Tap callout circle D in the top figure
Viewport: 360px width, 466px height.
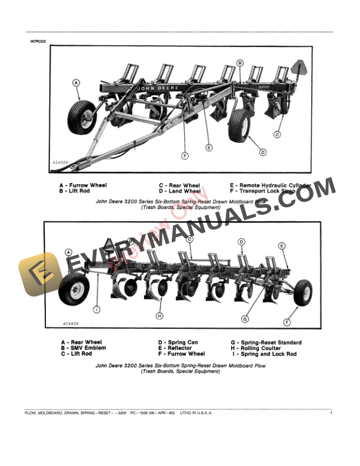(262, 153)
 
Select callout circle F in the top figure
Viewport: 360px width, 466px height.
(185, 156)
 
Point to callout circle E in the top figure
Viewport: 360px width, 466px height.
(208, 147)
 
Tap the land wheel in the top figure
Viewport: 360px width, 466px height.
(239, 125)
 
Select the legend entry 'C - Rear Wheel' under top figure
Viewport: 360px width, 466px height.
(179, 185)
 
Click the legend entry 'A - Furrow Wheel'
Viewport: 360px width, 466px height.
(82, 185)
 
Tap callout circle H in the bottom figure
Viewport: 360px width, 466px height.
(159, 316)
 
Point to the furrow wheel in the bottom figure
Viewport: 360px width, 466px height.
(302, 292)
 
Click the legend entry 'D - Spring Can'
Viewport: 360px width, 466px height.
(178, 342)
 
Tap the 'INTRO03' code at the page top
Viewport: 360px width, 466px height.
(38, 41)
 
